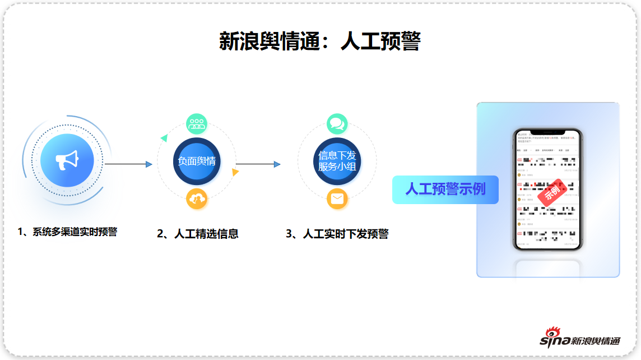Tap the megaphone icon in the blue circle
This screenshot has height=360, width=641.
(x=67, y=161)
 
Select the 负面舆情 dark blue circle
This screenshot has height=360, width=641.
(x=196, y=161)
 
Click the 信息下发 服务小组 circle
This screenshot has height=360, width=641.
(x=337, y=161)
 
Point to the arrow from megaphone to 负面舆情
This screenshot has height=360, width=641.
(x=128, y=164)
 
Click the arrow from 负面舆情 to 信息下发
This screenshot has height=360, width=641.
(x=258, y=164)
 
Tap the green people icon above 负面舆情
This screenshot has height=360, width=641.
(x=197, y=123)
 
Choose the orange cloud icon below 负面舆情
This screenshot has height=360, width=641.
(x=197, y=199)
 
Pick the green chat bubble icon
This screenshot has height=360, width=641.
(x=337, y=123)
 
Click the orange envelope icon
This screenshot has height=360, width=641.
(x=337, y=199)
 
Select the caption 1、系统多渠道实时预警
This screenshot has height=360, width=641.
(x=67, y=232)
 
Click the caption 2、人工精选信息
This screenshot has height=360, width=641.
(x=198, y=234)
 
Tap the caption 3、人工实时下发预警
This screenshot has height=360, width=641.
(x=337, y=234)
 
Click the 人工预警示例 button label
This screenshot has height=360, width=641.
(x=445, y=189)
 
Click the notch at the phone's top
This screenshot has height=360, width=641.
(x=548, y=133)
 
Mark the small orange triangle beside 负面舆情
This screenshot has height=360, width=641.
(x=235, y=173)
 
